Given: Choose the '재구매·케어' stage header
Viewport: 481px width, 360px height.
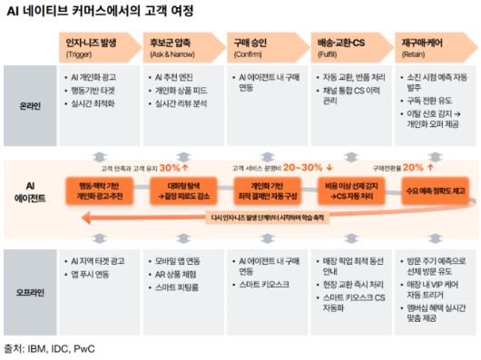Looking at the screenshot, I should [x=421, y=43].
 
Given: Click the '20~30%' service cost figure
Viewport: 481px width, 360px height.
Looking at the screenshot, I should [x=303, y=168].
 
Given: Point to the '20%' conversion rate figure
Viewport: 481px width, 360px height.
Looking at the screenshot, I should [x=413, y=168].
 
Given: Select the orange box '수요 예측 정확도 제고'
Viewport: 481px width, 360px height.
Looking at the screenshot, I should [x=436, y=191].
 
